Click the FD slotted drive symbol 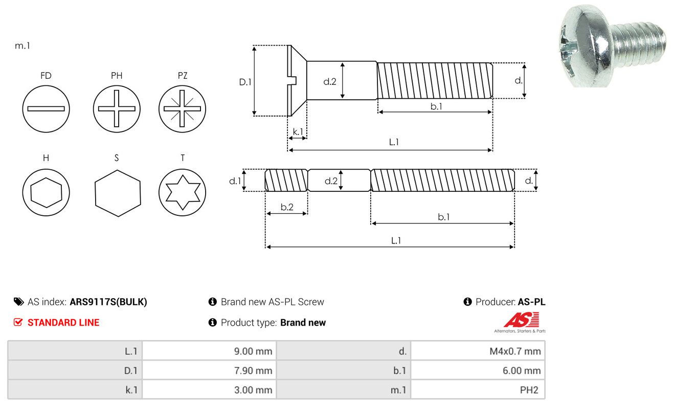pos(46,108)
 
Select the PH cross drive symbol pos(117,108)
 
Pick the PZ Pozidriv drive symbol pos(182,108)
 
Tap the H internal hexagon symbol pos(46,192)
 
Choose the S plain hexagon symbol pos(117,192)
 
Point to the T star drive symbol pos(182,192)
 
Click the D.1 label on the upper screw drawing pos(246,81)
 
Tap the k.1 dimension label pos(297,132)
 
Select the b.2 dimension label pos(287,207)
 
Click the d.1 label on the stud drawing pos(235,181)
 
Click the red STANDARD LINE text pos(63,323)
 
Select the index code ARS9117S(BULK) pos(108,302)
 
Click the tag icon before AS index pos(18,302)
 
